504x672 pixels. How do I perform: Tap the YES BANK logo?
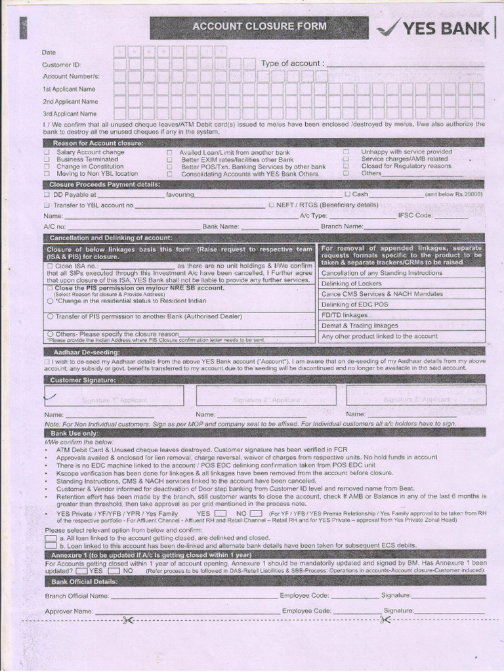(434, 28)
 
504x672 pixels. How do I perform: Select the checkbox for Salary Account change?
(47, 152)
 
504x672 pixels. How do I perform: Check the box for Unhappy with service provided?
(345, 152)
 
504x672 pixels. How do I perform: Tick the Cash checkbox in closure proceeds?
(348, 194)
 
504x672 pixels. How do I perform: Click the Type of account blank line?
(405, 64)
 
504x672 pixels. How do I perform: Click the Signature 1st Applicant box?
(114, 396)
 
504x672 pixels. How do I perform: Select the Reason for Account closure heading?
(98, 142)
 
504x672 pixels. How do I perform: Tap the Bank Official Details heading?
(85, 581)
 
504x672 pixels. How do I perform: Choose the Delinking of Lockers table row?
(402, 283)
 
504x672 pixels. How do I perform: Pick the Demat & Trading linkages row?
(402, 325)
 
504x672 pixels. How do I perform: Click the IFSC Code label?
(415, 215)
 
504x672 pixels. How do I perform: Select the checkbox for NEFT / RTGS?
(272, 205)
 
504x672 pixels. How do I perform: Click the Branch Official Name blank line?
(193, 597)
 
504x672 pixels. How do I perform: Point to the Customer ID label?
(62, 65)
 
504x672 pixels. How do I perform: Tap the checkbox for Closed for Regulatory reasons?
(345, 167)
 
